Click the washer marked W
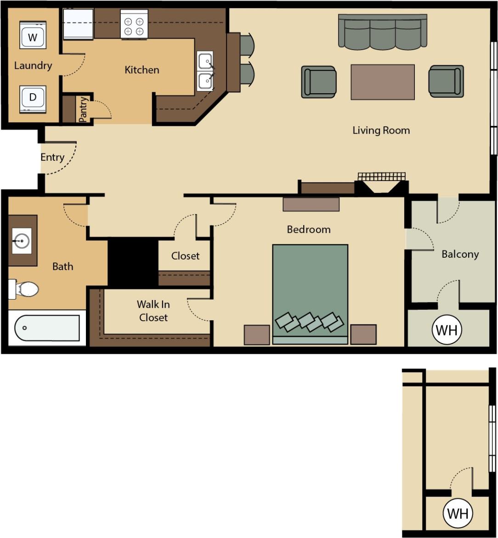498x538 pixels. click(33, 35)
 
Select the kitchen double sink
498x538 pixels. click(205, 71)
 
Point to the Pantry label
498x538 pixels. click(83, 109)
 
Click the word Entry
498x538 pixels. click(52, 157)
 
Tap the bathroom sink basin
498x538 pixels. click(22, 240)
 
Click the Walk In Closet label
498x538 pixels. click(153, 311)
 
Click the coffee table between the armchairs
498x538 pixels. click(382, 82)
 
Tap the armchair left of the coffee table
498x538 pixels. click(319, 82)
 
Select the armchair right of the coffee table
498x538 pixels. click(446, 81)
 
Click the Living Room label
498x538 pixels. click(381, 130)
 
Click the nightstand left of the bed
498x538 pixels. click(256, 334)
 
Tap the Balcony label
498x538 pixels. click(460, 254)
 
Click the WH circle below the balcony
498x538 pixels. click(447, 329)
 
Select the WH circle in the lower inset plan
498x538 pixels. click(458, 513)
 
